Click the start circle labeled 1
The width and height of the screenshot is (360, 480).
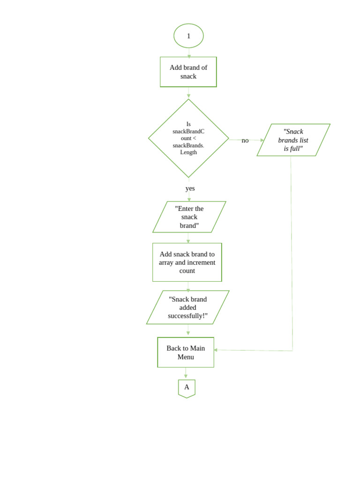click(188, 36)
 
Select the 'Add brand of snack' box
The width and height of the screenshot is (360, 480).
click(188, 72)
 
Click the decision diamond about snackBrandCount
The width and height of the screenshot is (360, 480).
click(188, 138)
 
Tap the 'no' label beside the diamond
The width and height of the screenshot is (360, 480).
click(245, 141)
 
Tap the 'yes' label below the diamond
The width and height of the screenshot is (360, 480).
click(190, 188)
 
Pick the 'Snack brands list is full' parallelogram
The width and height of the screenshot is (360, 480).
click(293, 140)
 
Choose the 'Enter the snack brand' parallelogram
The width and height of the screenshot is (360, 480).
click(189, 217)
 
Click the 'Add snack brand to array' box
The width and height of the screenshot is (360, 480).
click(187, 262)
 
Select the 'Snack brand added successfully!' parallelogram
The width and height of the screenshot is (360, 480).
click(187, 307)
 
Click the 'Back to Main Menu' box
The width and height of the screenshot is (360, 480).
click(186, 352)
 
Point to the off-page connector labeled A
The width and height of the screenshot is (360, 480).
click(187, 388)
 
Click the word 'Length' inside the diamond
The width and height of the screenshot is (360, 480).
click(188, 152)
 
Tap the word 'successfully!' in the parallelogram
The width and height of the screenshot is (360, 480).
click(187, 316)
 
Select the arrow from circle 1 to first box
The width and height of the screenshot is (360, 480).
click(189, 52)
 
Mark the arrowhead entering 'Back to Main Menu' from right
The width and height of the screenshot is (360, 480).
click(216, 350)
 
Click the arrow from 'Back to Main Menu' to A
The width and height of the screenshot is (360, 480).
click(186, 373)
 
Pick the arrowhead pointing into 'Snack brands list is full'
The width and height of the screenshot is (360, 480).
click(262, 140)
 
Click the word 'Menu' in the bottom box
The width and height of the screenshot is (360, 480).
click(186, 357)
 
